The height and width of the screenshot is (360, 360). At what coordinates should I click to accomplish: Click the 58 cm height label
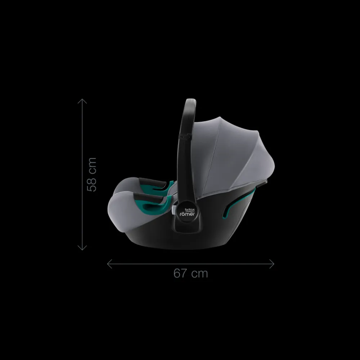(x=92, y=174)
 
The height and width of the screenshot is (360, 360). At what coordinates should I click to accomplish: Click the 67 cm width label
(x=190, y=273)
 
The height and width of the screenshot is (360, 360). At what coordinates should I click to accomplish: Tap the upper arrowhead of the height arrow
(x=82, y=100)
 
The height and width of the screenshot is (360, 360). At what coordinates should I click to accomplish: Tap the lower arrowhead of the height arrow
(x=82, y=248)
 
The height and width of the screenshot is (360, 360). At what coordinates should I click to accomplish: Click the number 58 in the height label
(x=92, y=184)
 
